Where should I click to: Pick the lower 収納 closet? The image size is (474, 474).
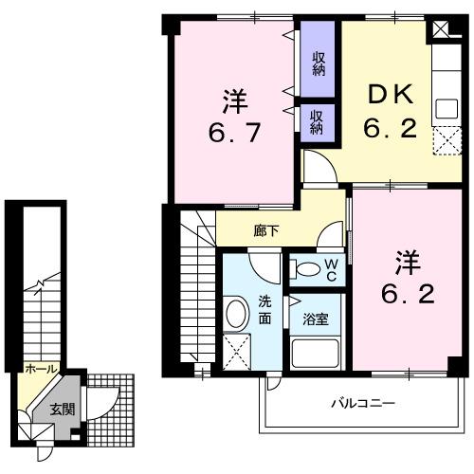coord(316,120)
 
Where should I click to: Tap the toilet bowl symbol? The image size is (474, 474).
coord(305,269)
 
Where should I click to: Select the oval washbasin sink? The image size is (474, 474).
coord(237,314)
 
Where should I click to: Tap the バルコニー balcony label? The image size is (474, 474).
coord(363,404)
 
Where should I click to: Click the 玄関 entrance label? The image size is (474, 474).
coord(62,410)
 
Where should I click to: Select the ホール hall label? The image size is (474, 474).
coord(40,369)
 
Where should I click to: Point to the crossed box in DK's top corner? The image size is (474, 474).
coord(443,27)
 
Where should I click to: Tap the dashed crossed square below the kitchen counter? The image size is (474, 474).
coord(444,141)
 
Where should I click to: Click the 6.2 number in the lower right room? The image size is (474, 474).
coord(408,294)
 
